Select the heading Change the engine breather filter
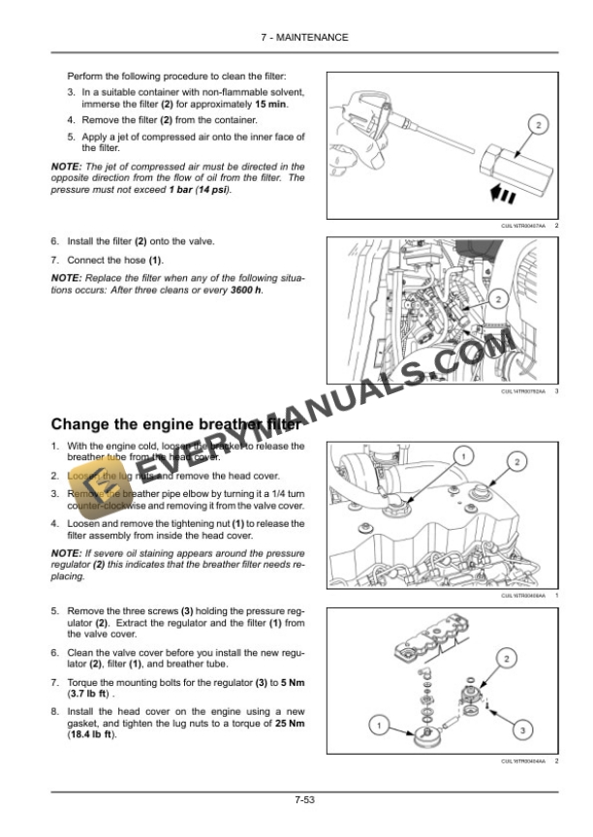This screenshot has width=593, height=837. [x=174, y=423]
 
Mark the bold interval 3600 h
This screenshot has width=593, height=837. [x=247, y=290]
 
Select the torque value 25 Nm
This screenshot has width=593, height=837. [x=288, y=724]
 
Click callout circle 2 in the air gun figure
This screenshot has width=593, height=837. [x=538, y=124]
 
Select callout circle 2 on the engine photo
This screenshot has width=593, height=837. [x=497, y=298]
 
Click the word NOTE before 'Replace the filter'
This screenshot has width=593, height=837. [x=65, y=278]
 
